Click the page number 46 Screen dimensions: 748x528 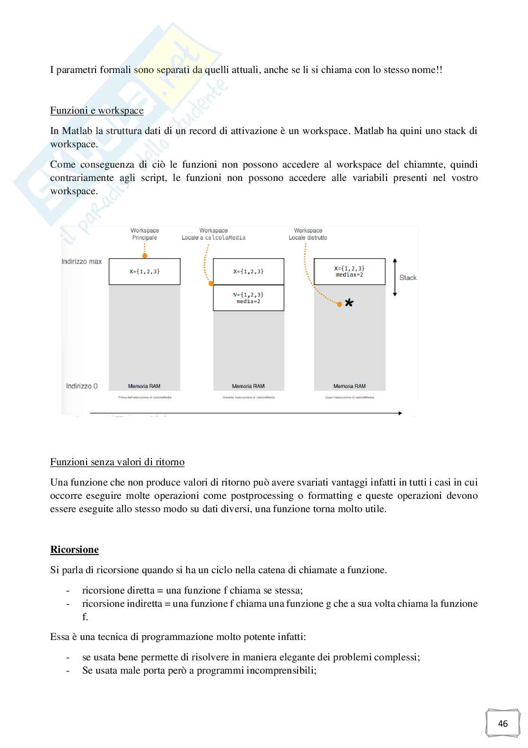click(x=503, y=723)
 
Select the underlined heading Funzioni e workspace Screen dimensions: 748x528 click(x=97, y=110)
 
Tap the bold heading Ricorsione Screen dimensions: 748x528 click(x=74, y=550)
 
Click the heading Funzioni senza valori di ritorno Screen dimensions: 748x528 click(x=117, y=462)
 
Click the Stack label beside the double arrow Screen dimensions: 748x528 click(x=408, y=278)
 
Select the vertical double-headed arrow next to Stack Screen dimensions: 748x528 click(x=395, y=278)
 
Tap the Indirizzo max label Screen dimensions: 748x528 click(x=81, y=261)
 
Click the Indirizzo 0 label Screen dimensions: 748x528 click(x=82, y=386)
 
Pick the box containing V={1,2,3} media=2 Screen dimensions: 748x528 click(x=248, y=298)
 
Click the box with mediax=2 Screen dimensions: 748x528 click(x=350, y=271)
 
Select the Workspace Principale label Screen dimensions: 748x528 click(x=145, y=234)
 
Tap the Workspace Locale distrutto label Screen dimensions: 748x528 click(x=308, y=234)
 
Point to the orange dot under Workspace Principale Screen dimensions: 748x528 click(x=145, y=256)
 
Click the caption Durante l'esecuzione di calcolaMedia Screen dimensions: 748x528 click(x=248, y=397)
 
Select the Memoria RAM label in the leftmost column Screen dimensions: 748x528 click(x=144, y=386)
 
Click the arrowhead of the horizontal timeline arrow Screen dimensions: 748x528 click(x=400, y=414)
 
